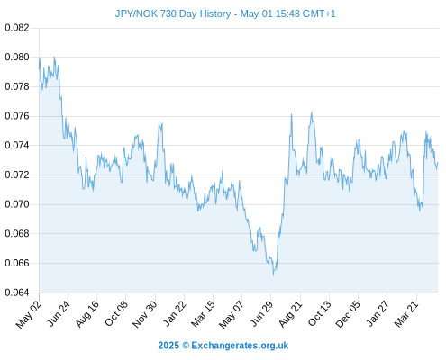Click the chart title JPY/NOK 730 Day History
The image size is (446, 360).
pyautogui.click(x=173, y=13)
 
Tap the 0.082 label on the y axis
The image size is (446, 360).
pyautogui.click(x=17, y=28)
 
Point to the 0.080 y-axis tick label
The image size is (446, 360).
pyautogui.click(x=17, y=57)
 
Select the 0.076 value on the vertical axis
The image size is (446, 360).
pyautogui.click(x=17, y=116)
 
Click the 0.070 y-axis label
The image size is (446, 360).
pyautogui.click(x=17, y=204)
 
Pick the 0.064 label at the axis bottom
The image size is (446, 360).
pyautogui.click(x=17, y=292)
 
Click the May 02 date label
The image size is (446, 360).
pyautogui.click(x=29, y=314)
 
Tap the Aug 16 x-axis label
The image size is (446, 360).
pyautogui.click(x=87, y=314)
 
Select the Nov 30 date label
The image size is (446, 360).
pyautogui.click(x=145, y=314)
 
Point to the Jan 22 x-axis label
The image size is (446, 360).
pyautogui.click(x=174, y=314)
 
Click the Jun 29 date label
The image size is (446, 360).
pyautogui.click(x=261, y=314)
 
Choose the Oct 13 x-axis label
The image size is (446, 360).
pyautogui.click(x=320, y=314)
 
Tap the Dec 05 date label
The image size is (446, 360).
pyautogui.click(x=348, y=314)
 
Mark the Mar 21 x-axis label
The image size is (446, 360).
pyautogui.click(x=406, y=314)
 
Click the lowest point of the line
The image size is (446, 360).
pyautogui.click(x=273, y=275)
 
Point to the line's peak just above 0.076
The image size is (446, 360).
pyautogui.click(x=312, y=112)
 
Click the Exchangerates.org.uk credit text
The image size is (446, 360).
pyautogui.click(x=240, y=346)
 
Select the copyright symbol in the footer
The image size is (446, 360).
pyautogui.click(x=186, y=346)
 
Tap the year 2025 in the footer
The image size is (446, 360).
pyautogui.click(x=168, y=346)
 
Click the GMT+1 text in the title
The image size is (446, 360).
pyautogui.click(x=319, y=13)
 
